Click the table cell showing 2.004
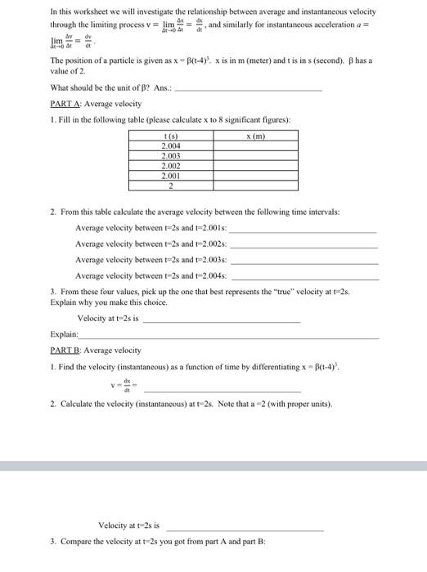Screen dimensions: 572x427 coord(171,145)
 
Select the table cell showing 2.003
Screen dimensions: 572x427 coord(171,154)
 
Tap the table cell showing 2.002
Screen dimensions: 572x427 coord(171,163)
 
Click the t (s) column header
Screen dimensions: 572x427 coord(171,136)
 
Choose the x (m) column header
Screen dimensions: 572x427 coord(257,136)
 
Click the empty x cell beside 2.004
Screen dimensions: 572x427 coord(257,145)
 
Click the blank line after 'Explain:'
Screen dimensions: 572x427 coord(229,336)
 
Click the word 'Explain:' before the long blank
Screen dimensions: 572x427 coord(64,334)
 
